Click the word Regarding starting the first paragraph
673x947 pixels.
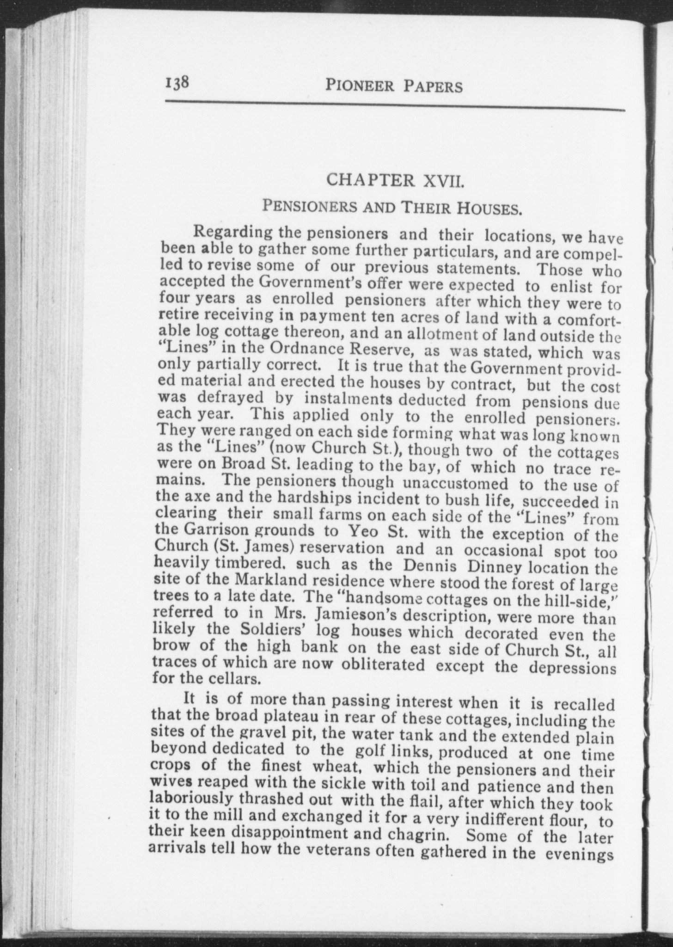pyautogui.click(x=233, y=232)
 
